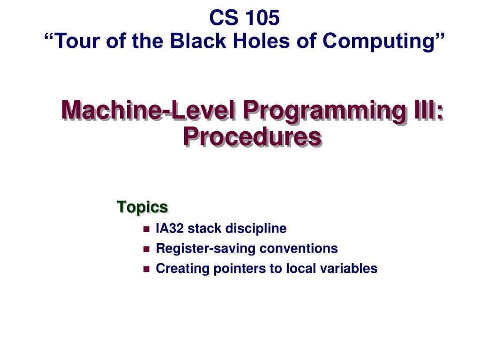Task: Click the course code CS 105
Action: click(244, 18)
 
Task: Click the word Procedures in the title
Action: click(252, 136)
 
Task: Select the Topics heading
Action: click(142, 206)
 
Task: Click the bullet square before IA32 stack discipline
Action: click(146, 229)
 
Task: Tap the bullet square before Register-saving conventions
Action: click(146, 249)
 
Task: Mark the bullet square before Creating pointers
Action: click(146, 269)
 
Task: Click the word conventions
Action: click(299, 248)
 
